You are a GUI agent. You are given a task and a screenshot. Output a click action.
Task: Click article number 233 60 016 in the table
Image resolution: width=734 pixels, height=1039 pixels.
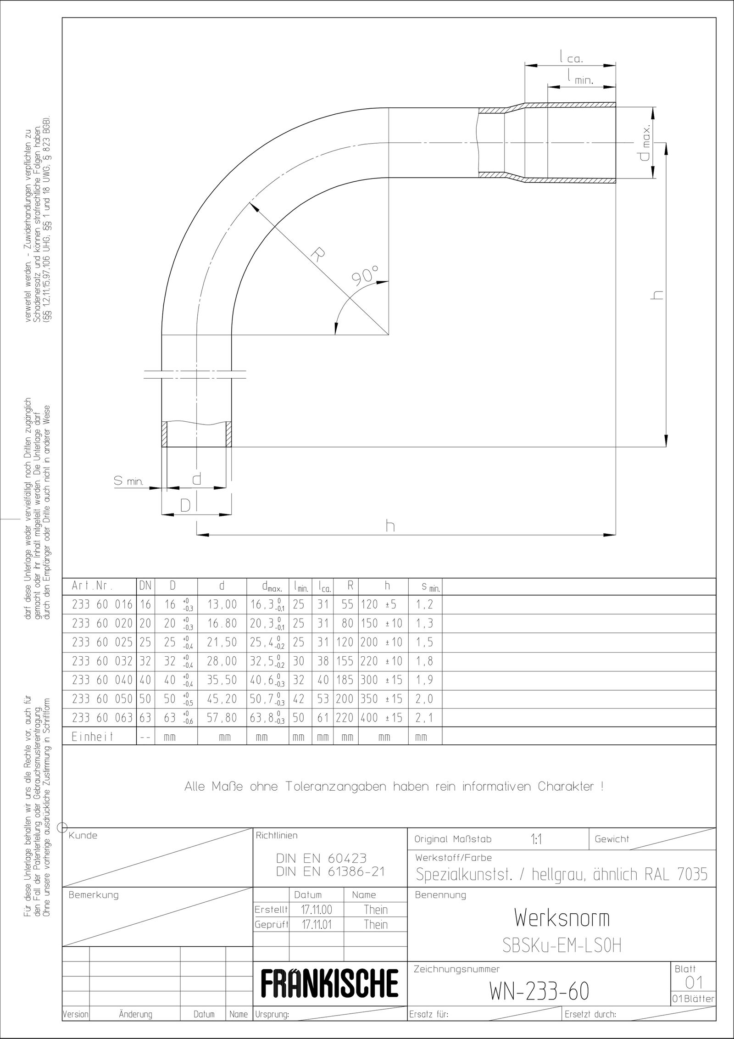[102, 605]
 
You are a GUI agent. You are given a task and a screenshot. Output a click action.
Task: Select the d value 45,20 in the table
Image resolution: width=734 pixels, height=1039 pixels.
[222, 698]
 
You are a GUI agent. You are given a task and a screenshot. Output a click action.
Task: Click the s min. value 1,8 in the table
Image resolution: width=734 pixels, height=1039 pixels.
[424, 661]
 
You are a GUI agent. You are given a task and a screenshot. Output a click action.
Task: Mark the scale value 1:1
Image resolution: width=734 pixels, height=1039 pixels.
[536, 840]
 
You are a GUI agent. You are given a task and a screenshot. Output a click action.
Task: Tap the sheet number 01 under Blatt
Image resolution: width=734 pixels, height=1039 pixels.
[693, 982]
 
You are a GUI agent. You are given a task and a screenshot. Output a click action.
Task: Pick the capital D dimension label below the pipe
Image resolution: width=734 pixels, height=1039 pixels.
[185, 506]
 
